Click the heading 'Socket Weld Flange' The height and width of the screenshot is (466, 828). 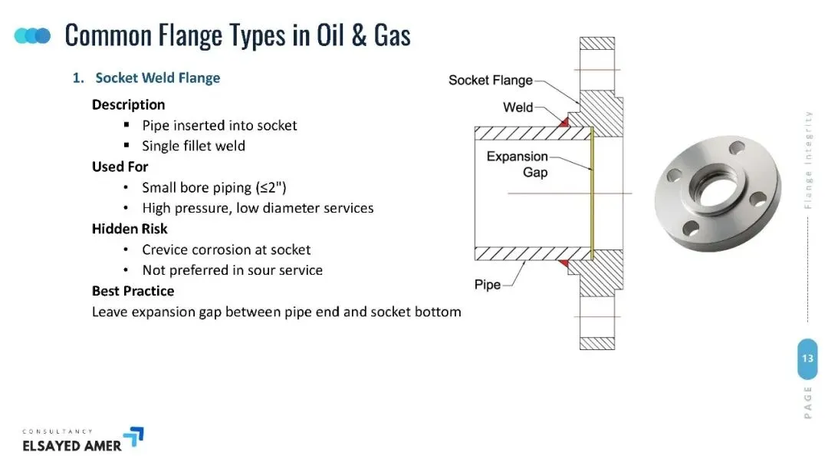[x=157, y=78]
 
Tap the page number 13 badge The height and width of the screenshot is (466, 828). [x=807, y=359]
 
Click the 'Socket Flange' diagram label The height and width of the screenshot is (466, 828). [x=491, y=80]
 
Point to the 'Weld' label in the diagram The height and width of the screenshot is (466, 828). [x=518, y=107]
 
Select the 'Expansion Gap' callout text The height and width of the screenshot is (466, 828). [x=517, y=164]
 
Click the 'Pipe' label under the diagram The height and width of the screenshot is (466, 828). [x=488, y=285]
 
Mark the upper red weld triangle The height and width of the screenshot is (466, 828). [x=565, y=122]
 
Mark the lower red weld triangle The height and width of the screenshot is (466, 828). [x=564, y=263]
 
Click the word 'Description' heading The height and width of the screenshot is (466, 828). [x=128, y=104]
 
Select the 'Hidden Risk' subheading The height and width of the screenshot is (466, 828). [x=130, y=229]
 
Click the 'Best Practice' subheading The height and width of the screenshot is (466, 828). [x=133, y=291]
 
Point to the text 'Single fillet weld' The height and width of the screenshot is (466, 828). [x=194, y=146]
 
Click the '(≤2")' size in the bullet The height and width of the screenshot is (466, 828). [x=271, y=188]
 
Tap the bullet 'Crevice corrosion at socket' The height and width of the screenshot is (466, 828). [x=226, y=250]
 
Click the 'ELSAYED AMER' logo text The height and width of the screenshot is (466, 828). [x=72, y=446]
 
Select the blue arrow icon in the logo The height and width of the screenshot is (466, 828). [x=136, y=436]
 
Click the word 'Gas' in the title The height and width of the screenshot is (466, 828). [x=392, y=35]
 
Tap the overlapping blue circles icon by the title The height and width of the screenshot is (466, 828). [x=32, y=35]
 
